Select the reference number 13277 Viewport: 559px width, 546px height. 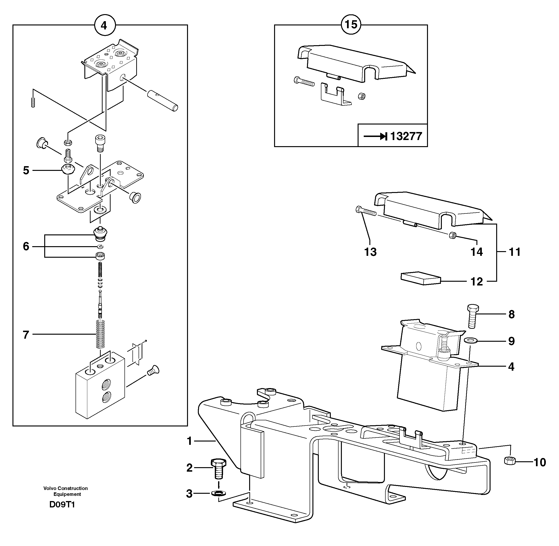pyautogui.click(x=406, y=136)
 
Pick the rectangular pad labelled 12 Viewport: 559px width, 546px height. pyautogui.click(x=420, y=278)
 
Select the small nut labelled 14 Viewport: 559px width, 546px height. pyautogui.click(x=453, y=236)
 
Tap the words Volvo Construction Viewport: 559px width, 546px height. pyautogui.click(x=65, y=488)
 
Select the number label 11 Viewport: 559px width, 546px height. pyautogui.click(x=514, y=252)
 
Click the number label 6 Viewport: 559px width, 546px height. pyautogui.click(x=26, y=247)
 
